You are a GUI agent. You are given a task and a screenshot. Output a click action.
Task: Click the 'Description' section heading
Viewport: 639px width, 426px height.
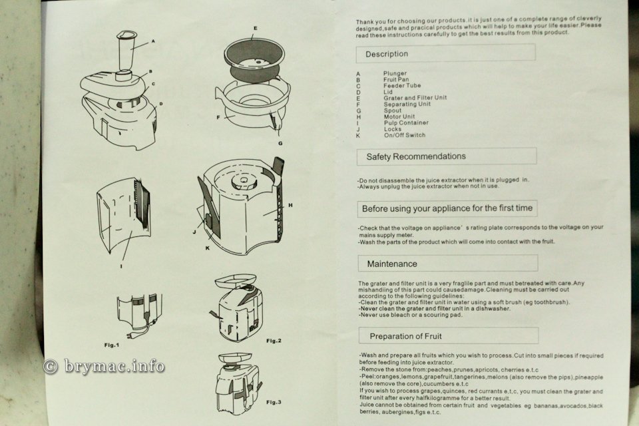pos(387,54)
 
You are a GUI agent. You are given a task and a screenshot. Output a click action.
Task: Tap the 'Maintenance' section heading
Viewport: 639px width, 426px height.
pos(392,264)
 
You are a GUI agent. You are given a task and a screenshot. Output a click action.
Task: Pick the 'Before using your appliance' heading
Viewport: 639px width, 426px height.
pos(447,208)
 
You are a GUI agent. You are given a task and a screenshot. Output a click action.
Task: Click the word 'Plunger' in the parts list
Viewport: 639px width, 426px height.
pos(395,73)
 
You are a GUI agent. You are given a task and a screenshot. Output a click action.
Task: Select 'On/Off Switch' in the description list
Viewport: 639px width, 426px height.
pos(404,135)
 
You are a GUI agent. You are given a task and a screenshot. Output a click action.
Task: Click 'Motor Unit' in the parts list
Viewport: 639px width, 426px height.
pos(399,116)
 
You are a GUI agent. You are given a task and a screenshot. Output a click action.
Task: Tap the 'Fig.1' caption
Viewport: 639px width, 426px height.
pos(111,345)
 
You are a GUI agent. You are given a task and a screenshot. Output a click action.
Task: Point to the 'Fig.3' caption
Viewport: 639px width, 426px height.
pos(274,403)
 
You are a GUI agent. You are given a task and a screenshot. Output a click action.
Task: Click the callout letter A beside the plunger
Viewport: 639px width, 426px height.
pos(152,41)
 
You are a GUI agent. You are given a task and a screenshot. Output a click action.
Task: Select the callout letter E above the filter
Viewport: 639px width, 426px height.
pos(255,29)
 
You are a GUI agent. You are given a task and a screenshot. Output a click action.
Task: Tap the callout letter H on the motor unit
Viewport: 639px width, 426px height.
pos(290,206)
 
